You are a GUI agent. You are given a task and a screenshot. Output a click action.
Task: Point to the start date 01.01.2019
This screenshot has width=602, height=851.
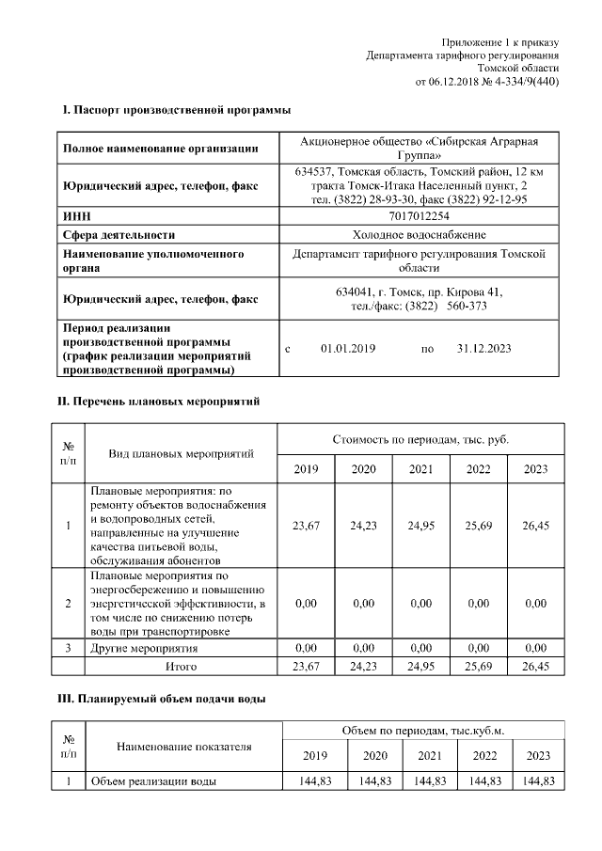348,348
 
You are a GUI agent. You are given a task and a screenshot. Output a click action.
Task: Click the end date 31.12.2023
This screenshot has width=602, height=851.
483,348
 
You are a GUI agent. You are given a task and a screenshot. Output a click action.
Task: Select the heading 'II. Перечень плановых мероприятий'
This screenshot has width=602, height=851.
160,402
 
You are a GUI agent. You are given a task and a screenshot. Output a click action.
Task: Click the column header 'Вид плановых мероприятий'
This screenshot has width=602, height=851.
181,454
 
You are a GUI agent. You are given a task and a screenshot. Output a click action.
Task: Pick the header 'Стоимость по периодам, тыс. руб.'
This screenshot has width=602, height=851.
420,439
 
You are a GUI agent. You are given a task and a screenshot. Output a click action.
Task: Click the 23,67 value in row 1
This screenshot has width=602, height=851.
306,526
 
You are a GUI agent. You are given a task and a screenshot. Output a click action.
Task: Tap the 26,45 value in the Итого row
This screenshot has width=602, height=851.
535,667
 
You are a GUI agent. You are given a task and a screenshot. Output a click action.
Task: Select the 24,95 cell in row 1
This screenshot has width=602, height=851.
420,526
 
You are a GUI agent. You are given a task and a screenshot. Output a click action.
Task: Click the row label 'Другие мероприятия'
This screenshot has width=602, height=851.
144,649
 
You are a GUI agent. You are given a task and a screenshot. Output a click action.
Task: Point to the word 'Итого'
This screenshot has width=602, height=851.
181,667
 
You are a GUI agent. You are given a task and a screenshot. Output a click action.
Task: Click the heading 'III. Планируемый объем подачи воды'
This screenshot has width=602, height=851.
163,699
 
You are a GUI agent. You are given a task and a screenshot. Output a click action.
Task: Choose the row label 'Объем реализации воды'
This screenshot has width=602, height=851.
153,781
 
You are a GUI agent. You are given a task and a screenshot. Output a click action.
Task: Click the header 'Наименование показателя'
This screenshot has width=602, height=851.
184,747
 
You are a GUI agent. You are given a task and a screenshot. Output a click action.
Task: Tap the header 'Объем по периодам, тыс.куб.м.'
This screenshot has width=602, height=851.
420,731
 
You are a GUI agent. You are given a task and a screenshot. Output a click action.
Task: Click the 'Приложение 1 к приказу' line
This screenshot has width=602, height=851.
500,43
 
